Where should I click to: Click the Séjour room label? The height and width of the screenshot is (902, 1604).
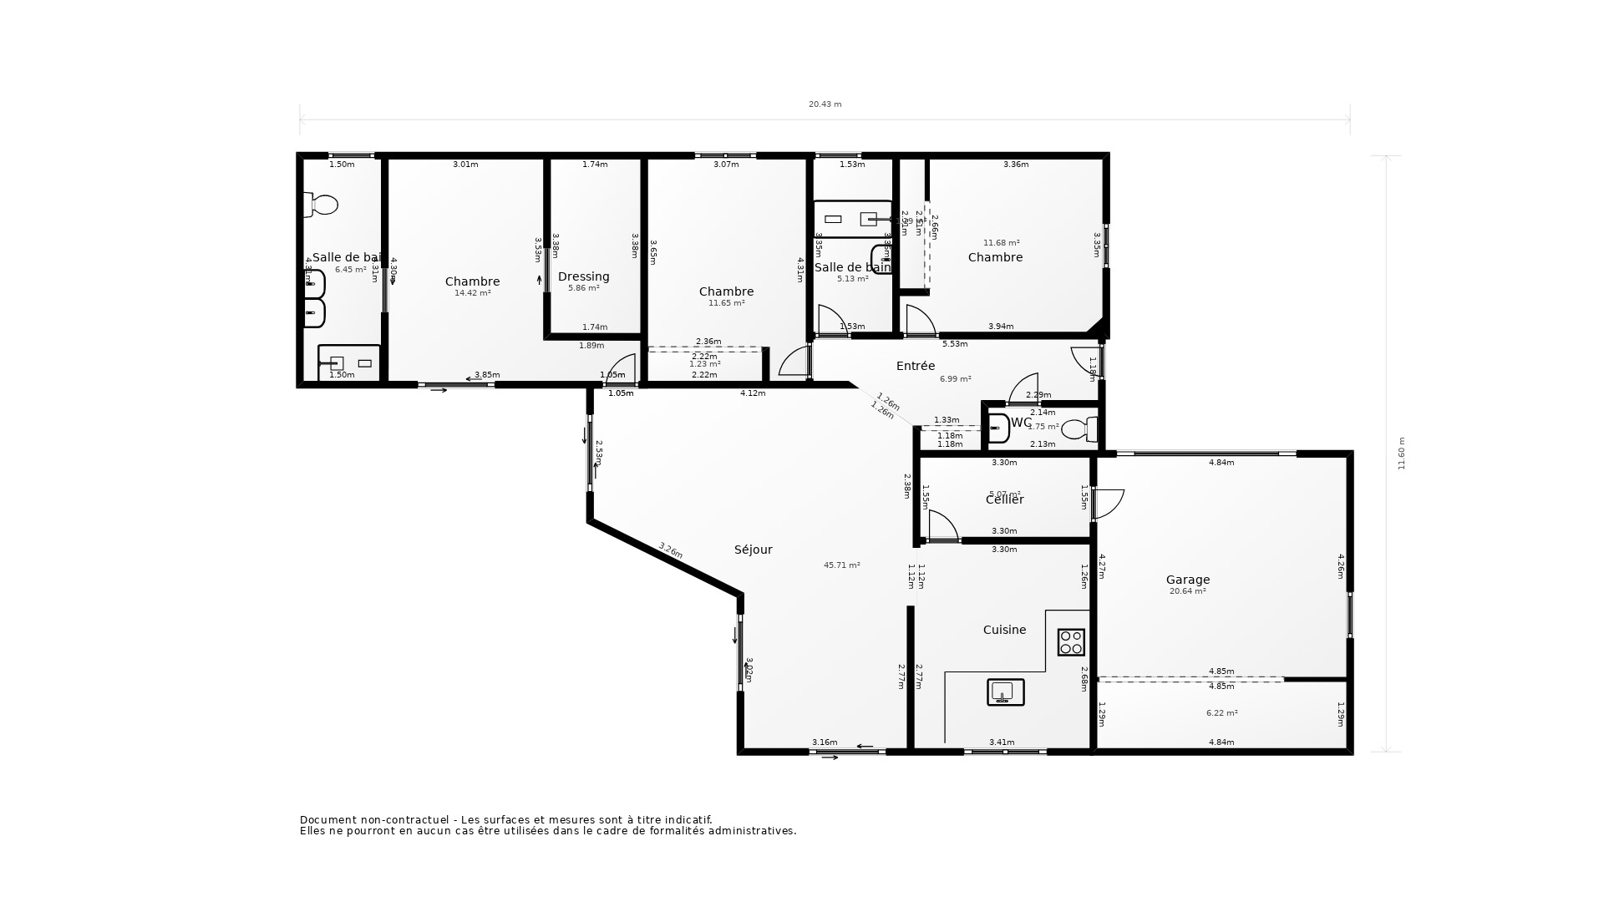753,550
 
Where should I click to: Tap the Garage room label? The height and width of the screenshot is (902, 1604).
1187,580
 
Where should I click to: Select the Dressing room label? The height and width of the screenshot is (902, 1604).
583,276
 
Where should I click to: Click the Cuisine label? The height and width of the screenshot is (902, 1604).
1004,630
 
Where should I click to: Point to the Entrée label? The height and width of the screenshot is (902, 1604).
915,366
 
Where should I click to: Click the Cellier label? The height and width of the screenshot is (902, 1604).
1004,499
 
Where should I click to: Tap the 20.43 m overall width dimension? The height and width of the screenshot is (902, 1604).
825,104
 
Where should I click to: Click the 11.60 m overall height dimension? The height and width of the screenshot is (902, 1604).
1401,454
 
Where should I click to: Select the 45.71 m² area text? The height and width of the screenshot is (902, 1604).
841,565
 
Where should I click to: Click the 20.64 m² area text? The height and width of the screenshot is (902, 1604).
1187,591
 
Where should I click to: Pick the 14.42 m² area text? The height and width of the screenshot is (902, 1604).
472,293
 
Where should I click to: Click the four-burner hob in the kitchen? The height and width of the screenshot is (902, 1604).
1071,642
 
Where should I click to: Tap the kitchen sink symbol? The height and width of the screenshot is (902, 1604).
1005,692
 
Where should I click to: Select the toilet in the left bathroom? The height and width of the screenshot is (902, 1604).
322,205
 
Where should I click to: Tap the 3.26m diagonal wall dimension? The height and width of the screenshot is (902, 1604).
670,550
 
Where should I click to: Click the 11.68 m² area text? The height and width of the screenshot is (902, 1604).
1001,243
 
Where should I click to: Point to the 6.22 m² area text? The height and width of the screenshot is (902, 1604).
1221,713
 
